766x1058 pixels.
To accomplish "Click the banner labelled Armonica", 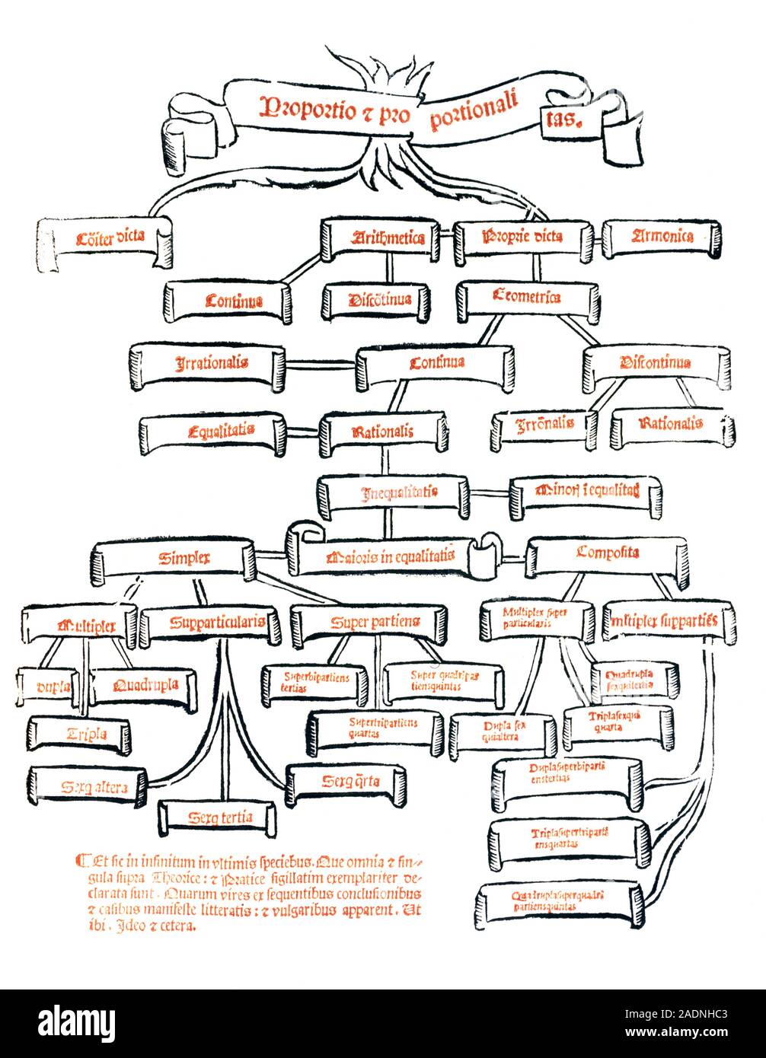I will click(x=662, y=237).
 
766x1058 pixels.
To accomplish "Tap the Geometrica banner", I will click(x=527, y=298).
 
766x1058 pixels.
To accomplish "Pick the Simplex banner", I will click(x=175, y=558).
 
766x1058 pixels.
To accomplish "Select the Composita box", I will click(x=607, y=553).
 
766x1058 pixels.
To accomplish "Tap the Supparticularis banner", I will click(x=216, y=623).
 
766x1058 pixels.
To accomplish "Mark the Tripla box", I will click(x=80, y=735).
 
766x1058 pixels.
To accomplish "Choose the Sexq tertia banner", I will click(x=219, y=818).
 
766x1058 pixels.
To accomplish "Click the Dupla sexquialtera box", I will click(x=501, y=732).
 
